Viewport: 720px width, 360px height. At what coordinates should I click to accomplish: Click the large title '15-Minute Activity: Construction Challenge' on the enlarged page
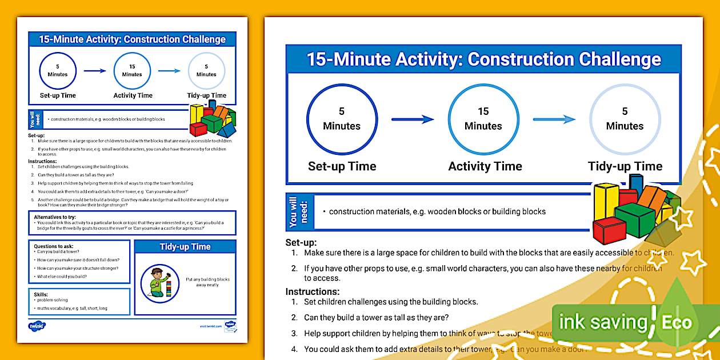(x=483, y=59)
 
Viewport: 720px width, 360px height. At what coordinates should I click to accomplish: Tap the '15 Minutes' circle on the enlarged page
(x=483, y=118)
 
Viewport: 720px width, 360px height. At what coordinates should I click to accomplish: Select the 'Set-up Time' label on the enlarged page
(x=342, y=166)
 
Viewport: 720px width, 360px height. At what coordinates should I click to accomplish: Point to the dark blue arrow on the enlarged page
(x=412, y=119)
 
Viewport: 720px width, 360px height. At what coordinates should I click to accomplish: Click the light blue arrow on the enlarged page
(x=554, y=119)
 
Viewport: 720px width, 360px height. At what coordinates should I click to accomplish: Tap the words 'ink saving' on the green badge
(x=602, y=322)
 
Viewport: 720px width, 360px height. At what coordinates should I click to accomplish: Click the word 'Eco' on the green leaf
(x=677, y=322)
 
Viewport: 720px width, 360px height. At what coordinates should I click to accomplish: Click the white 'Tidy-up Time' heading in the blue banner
(x=185, y=247)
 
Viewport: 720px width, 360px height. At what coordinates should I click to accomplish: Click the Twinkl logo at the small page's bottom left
(x=37, y=326)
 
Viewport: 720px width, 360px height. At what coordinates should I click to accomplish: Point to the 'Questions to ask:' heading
(x=54, y=246)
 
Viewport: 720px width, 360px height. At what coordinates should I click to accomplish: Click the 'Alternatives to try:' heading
(x=57, y=217)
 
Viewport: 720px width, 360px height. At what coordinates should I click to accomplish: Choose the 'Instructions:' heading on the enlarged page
(x=313, y=291)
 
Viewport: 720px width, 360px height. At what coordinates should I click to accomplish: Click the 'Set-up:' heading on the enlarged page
(x=301, y=242)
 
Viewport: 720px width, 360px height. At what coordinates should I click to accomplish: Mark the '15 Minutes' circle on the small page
(x=132, y=70)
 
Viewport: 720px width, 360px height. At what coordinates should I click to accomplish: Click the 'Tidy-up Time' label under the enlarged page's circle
(x=625, y=166)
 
